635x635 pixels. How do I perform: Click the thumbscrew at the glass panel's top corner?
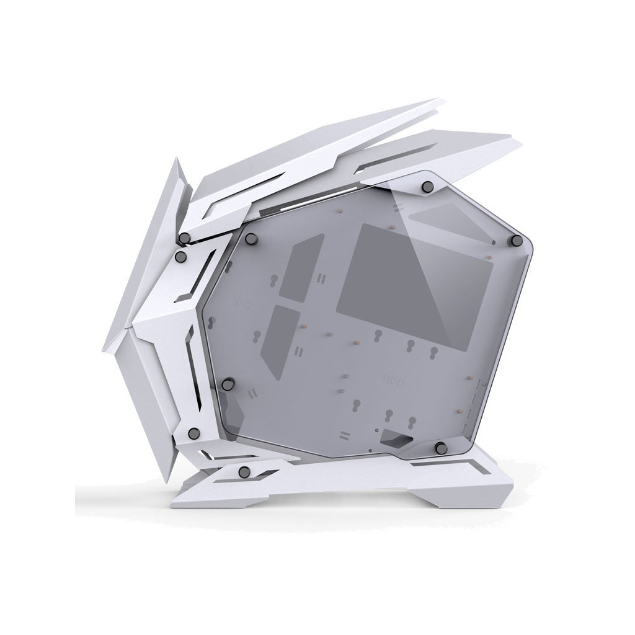427,185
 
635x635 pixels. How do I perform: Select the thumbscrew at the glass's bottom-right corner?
440,447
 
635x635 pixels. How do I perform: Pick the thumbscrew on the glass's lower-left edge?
228,384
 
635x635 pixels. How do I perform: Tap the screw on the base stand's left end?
244,471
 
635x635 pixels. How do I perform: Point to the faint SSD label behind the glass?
243,304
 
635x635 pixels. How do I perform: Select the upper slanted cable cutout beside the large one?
300,267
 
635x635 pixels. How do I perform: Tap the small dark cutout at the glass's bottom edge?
394,437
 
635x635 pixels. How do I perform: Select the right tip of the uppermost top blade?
443,101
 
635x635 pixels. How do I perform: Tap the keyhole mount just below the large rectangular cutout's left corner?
378,336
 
